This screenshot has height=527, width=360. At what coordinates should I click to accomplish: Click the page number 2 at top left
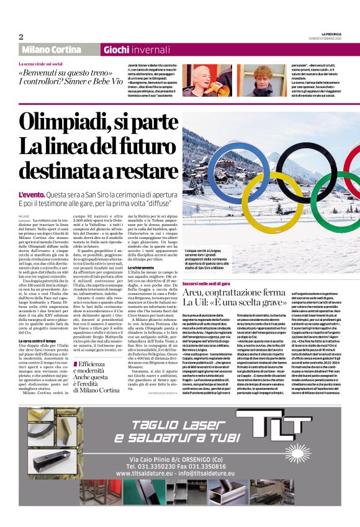pos(21,37)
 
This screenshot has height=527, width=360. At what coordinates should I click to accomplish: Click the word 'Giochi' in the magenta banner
pos(116,50)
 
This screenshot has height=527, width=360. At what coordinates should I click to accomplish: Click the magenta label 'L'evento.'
pos(31,196)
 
